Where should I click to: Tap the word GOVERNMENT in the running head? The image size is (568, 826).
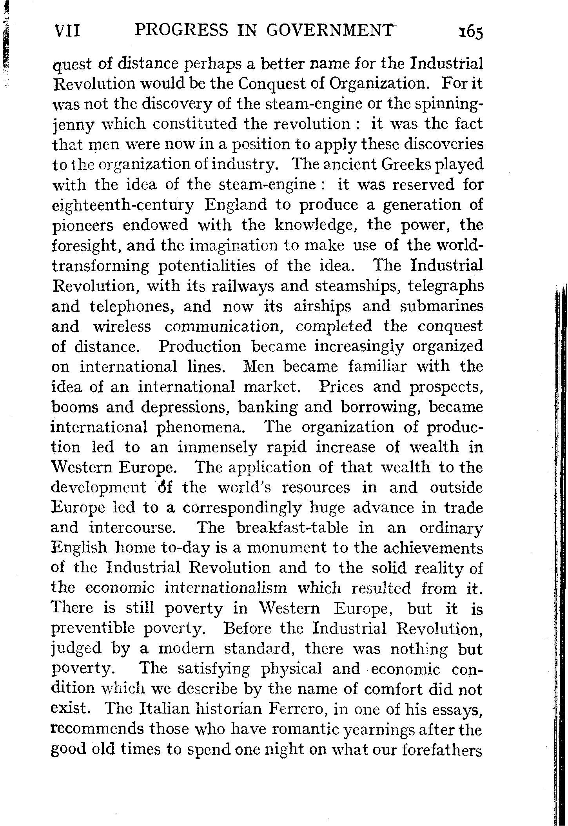(x=329, y=30)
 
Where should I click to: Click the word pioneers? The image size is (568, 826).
(x=82, y=225)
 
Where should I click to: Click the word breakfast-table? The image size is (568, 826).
(x=292, y=528)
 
